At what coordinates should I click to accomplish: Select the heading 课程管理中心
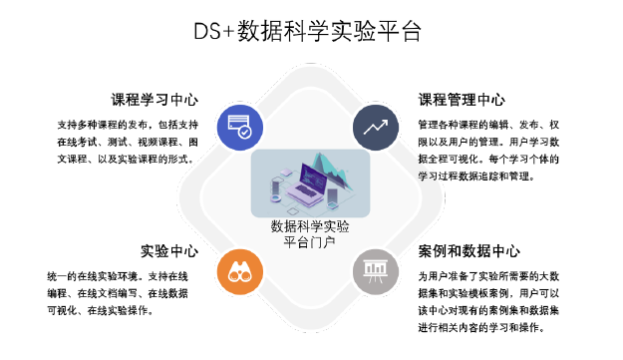[x=462, y=101]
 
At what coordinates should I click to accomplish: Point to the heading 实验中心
[x=168, y=250]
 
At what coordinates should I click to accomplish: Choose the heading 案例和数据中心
[x=469, y=250]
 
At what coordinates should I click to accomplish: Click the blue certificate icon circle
[x=240, y=128]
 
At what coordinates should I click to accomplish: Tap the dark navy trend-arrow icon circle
[x=376, y=128]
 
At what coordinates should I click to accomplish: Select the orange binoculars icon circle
[x=240, y=273]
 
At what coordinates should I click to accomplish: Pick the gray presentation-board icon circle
[x=376, y=273]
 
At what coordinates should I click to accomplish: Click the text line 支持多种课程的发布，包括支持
[x=128, y=126]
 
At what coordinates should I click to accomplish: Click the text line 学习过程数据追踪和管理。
[x=477, y=176]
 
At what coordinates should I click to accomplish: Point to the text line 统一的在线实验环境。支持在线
[x=124, y=276]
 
